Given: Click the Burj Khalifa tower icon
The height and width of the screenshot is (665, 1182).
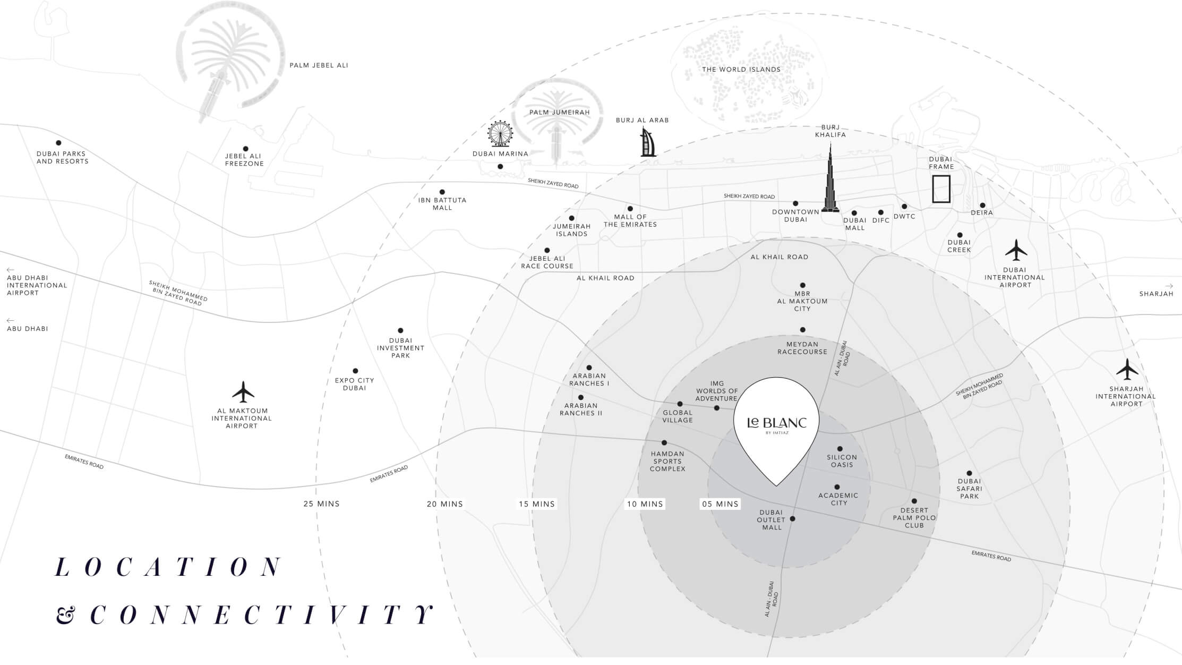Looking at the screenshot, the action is [x=830, y=181].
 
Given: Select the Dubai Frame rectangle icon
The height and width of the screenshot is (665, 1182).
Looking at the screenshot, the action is [x=941, y=189].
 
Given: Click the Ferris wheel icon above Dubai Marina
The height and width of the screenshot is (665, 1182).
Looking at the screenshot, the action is [x=500, y=134].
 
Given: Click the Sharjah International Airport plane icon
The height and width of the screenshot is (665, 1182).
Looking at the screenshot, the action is [x=1127, y=369].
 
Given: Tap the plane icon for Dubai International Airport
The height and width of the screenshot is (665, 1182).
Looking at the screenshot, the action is [x=1016, y=250].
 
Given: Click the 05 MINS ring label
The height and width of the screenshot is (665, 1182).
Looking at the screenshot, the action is [x=720, y=504].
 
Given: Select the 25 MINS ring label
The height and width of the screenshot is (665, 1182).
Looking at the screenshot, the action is [x=321, y=504].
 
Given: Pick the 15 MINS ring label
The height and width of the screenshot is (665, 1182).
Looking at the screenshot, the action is [x=537, y=504].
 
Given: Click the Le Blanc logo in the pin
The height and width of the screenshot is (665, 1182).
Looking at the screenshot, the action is [x=776, y=423].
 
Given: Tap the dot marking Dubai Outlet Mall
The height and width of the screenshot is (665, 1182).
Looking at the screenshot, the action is [x=793, y=519].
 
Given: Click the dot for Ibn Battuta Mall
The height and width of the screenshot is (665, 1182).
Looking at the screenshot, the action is [x=442, y=192].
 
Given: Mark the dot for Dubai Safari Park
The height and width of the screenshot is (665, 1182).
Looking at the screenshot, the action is [x=969, y=473].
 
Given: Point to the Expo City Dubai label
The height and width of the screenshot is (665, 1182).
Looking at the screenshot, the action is [x=354, y=384].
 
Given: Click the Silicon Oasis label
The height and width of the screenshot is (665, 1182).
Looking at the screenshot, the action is [x=842, y=461].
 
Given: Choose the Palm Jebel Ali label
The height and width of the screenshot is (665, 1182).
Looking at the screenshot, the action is [x=319, y=65].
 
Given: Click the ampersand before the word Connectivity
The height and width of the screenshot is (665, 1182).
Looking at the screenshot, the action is [x=65, y=616].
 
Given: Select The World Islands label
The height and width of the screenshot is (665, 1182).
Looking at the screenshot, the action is [x=741, y=70].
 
